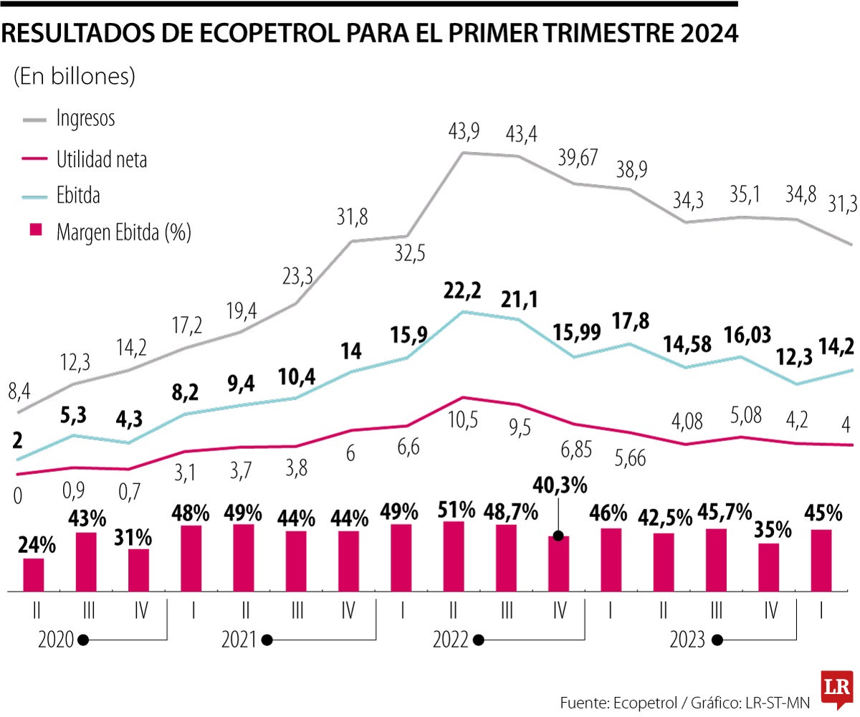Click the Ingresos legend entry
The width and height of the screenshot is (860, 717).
coord(85,119)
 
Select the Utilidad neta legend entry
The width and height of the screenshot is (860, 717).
coord(101,160)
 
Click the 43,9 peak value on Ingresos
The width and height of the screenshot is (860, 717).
coord(464,131)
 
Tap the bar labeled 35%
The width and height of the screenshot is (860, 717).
coord(769,567)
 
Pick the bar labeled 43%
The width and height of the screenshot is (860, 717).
coord(86,561)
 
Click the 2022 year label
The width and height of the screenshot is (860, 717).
coord(449,640)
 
